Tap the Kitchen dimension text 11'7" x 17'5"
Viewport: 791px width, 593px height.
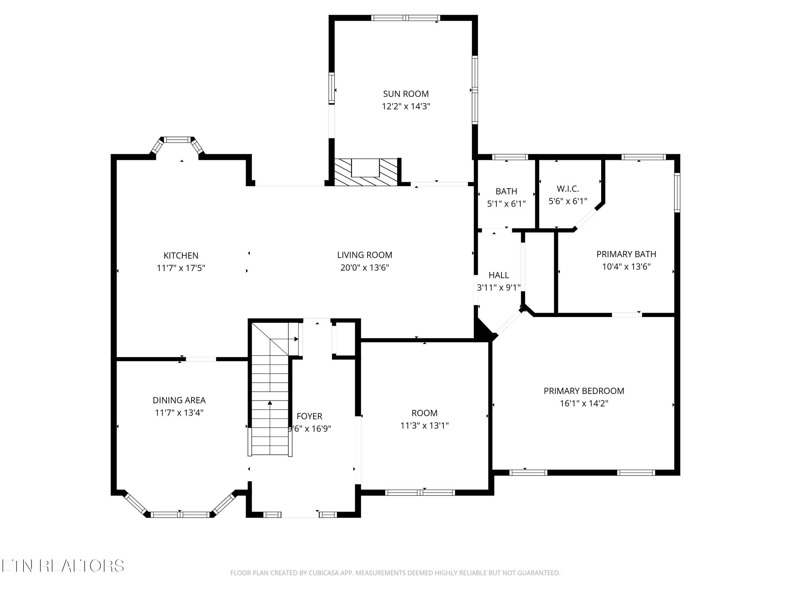(181, 268)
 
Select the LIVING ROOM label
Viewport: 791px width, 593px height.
(365, 255)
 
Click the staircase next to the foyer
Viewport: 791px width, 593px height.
(270, 388)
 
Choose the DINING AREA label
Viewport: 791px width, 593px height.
(179, 400)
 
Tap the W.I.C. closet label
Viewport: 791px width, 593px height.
(568, 188)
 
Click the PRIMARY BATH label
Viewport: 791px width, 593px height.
(626, 254)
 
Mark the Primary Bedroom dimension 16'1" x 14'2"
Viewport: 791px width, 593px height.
(584, 403)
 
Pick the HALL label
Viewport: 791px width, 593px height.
(499, 275)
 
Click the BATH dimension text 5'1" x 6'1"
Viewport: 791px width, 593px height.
(506, 204)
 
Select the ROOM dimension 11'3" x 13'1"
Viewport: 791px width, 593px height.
(425, 425)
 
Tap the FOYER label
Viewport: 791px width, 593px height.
(309, 416)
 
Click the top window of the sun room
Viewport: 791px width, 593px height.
(406, 18)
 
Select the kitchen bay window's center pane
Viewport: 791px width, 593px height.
(177, 140)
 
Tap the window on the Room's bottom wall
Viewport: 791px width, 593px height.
(420, 493)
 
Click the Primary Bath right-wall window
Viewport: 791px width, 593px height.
(677, 193)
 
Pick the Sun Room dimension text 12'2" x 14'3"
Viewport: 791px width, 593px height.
(406, 106)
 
